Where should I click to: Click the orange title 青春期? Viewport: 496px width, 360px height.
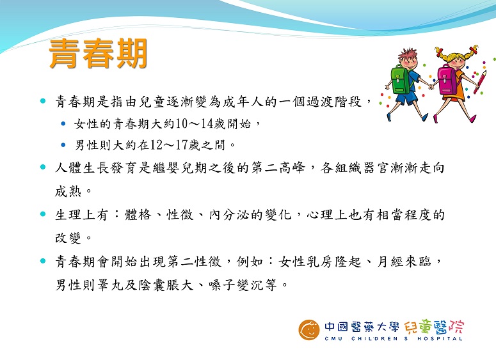tap(98, 54)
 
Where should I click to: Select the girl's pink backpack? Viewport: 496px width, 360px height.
tap(446, 80)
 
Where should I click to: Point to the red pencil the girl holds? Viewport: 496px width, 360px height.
tap(480, 82)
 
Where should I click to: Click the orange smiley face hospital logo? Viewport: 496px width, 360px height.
tap(309, 330)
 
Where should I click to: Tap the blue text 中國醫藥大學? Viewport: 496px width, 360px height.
tap(362, 327)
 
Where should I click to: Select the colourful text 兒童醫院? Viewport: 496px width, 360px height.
tap(434, 327)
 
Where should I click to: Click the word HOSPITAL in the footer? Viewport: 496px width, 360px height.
tap(440, 338)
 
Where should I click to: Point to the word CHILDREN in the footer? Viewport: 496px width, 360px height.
tap(374, 338)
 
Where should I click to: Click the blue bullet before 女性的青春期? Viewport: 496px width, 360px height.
tap(63, 123)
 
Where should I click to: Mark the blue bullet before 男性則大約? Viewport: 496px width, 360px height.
tap(63, 145)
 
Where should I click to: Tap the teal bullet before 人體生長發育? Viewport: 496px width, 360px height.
tap(43, 167)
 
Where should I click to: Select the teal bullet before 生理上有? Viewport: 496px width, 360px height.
tap(43, 214)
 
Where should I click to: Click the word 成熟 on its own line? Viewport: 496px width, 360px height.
tap(68, 191)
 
